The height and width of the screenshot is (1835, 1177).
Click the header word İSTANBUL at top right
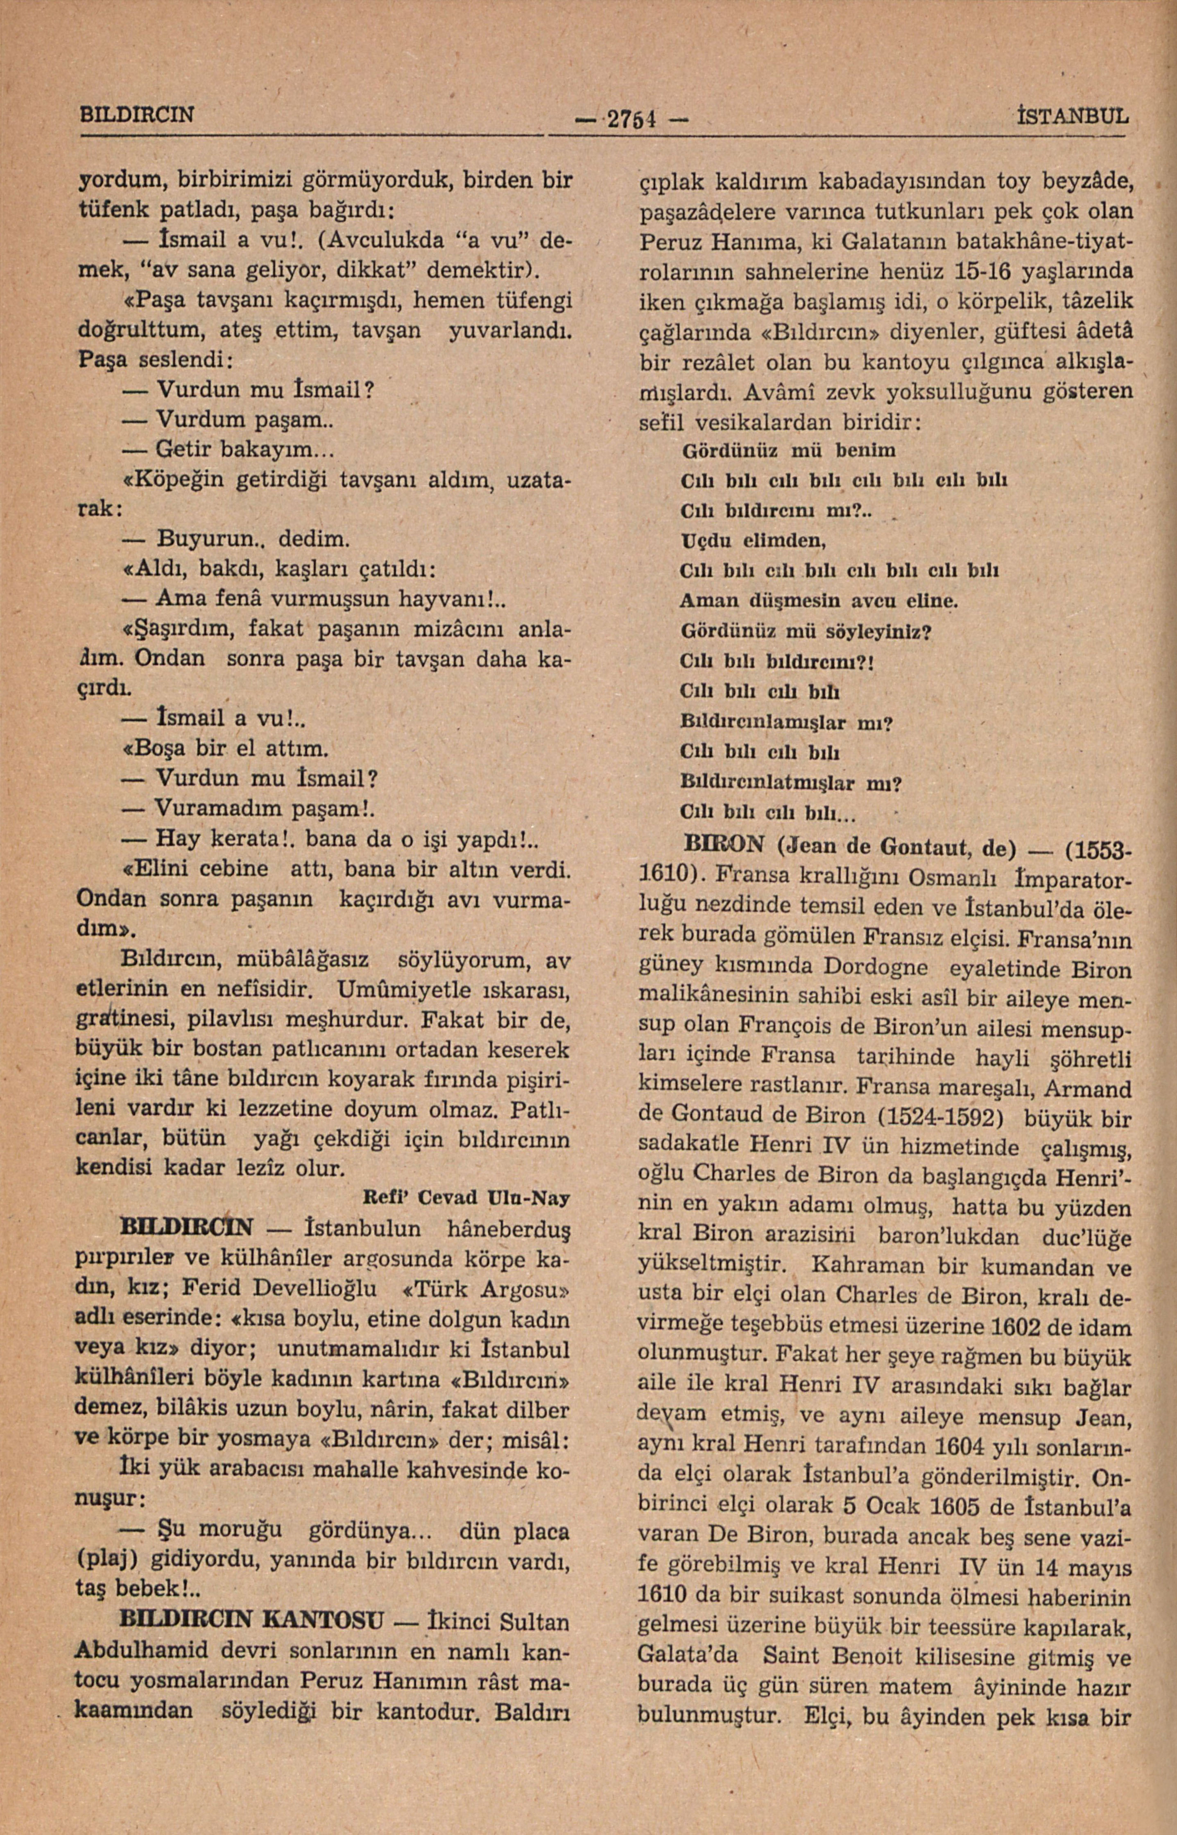[1071, 116]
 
